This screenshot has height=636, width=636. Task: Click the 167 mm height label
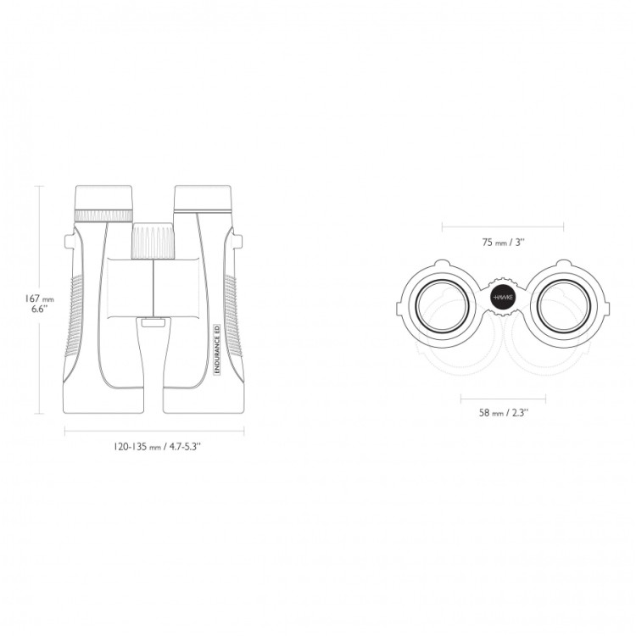[39, 298]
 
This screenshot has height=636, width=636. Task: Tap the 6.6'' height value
[40, 309]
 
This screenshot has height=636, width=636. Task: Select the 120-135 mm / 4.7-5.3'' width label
[158, 447]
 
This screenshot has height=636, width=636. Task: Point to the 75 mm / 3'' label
[504, 243]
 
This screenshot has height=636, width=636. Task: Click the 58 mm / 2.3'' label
[504, 413]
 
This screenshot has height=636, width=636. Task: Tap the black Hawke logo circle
[503, 298]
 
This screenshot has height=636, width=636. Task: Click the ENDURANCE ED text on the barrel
[216, 349]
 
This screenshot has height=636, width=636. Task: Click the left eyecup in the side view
[103, 198]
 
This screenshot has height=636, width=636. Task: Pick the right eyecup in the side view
[203, 198]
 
